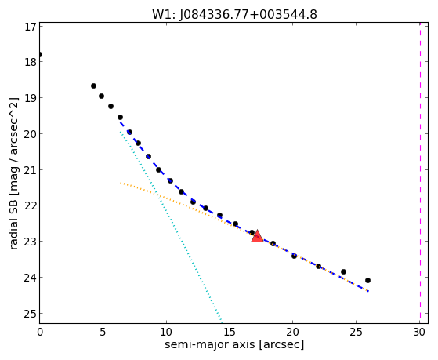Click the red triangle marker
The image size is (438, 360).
[257, 236]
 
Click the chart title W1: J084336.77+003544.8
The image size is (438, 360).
[234, 14]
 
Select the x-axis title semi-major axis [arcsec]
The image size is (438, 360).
[234, 344]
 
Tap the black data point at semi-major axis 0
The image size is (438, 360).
[40, 54]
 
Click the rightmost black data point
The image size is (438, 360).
[367, 280]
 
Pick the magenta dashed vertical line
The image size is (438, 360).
[420, 173]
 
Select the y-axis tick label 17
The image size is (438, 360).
[30, 27]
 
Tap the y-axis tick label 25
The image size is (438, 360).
[30, 315]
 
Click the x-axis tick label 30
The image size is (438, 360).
[419, 333]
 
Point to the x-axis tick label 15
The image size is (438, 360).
[230, 333]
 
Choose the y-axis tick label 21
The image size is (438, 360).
[30, 169]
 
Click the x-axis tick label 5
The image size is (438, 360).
[103, 333]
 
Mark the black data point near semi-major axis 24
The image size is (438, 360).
[344, 271]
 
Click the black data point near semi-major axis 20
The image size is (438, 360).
[294, 256]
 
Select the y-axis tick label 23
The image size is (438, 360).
[30, 241]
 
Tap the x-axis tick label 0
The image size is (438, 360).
[40, 333]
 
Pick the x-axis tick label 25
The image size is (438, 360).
[357, 333]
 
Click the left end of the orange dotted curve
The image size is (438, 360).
[121, 183]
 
